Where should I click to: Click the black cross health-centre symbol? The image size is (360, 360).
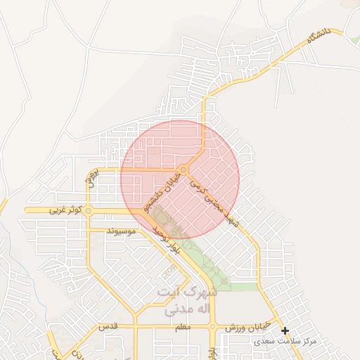285,330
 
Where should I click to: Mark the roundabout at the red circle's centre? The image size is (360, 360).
184,169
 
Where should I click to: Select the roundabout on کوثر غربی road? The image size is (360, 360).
88,210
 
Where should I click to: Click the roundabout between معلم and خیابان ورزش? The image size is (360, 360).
212,327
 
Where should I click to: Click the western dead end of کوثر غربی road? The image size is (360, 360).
27,210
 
